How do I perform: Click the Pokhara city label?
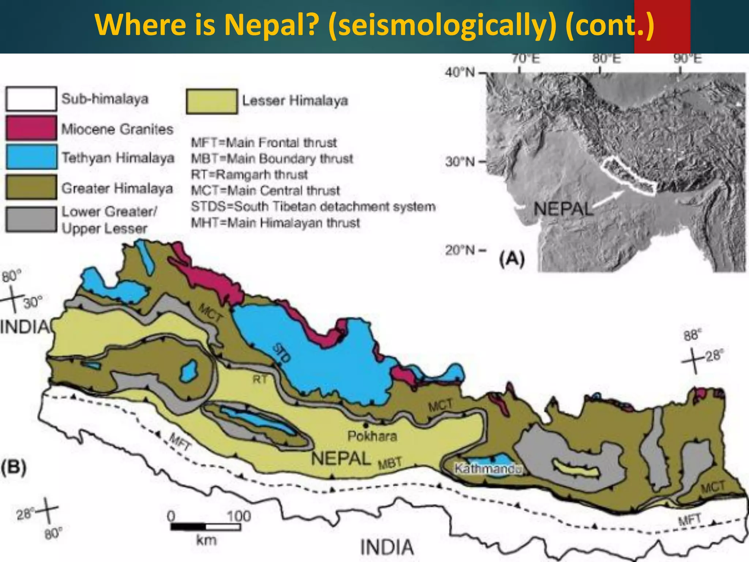pyautogui.click(x=372, y=436)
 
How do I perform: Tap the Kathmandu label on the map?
pyautogui.click(x=488, y=469)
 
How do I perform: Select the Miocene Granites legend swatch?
pyautogui.click(x=31, y=128)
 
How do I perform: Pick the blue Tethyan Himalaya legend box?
pyautogui.click(x=31, y=157)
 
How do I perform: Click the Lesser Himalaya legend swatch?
pyautogui.click(x=211, y=101)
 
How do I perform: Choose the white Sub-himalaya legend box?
pyautogui.click(x=31, y=98)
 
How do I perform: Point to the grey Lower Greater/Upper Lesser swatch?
pyautogui.click(x=31, y=219)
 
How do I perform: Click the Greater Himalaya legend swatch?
pyautogui.click(x=31, y=187)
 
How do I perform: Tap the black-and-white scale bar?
pyautogui.click(x=206, y=527)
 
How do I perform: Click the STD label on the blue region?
pyautogui.click(x=282, y=353)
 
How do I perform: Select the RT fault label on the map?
pyautogui.click(x=260, y=379)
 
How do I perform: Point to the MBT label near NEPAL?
pyautogui.click(x=390, y=463)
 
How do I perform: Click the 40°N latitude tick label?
pyautogui.click(x=460, y=72)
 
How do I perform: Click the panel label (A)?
pyautogui.click(x=512, y=259)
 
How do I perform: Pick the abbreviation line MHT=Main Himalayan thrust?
pyautogui.click(x=275, y=222)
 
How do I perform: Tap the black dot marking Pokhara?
pyautogui.click(x=365, y=425)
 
